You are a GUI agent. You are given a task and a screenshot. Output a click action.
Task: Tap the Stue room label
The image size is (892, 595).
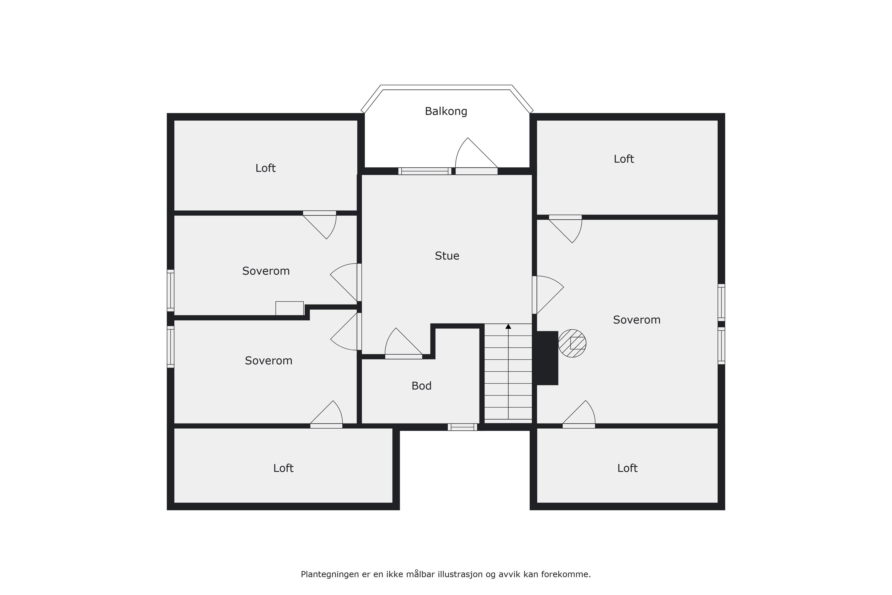[447, 256]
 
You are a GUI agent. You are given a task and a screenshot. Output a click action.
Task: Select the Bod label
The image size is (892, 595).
[421, 386]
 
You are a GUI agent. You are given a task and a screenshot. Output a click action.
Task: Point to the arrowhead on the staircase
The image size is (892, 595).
[508, 326]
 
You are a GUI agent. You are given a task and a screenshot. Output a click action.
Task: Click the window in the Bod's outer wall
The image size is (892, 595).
[462, 427]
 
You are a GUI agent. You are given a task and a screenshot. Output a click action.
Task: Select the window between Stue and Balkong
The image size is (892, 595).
[425, 171]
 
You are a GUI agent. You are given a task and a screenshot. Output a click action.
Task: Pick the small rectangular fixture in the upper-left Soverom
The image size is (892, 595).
[289, 308]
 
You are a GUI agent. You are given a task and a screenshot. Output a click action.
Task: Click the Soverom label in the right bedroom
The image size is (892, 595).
[636, 320]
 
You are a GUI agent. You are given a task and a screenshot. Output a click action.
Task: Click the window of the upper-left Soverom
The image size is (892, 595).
[171, 290]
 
